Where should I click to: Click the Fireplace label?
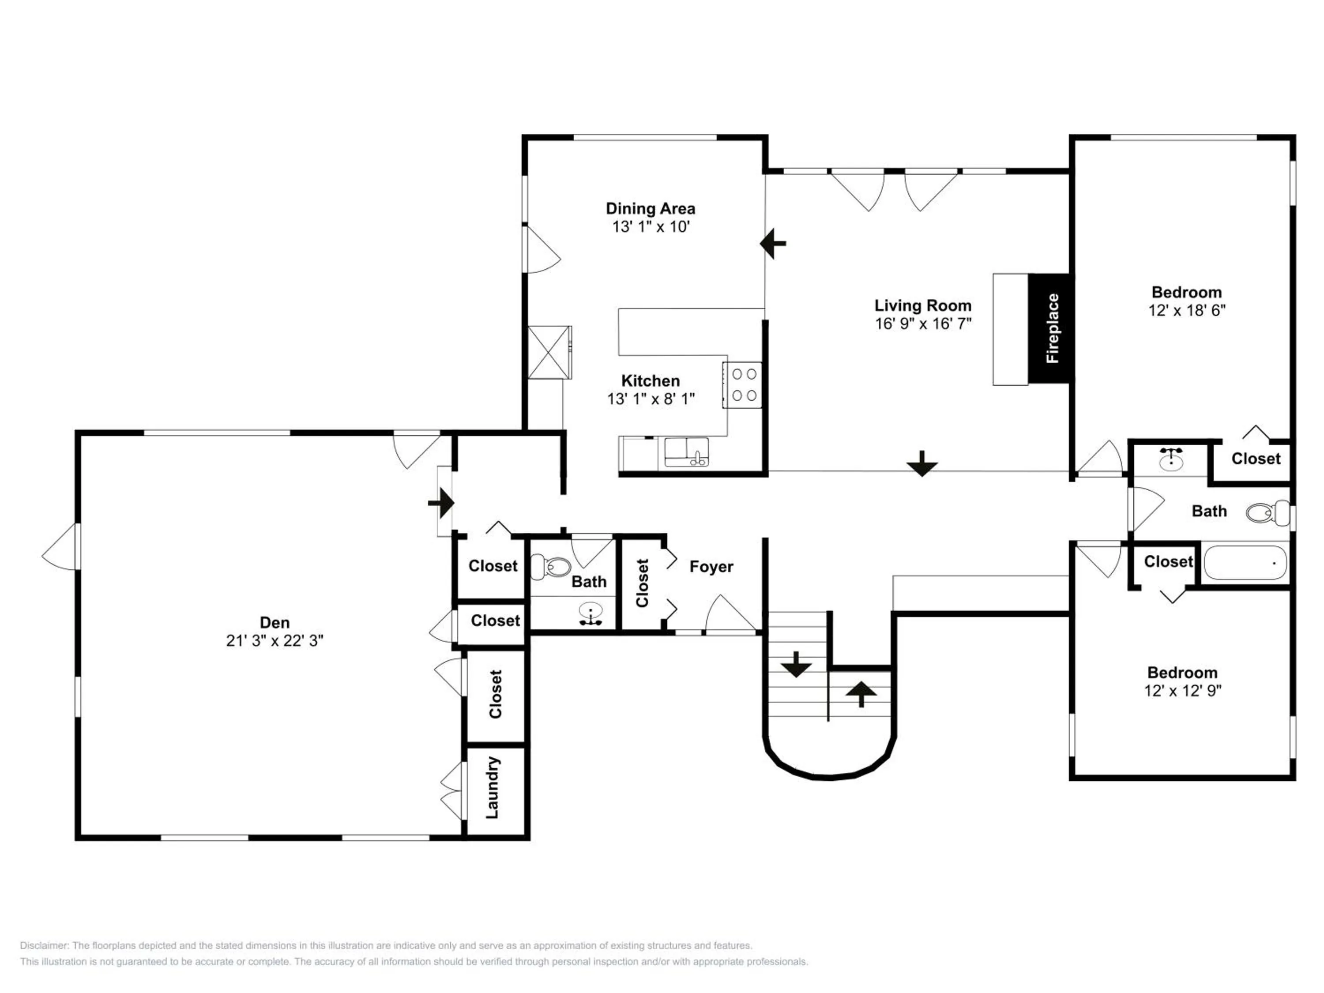point(1052,328)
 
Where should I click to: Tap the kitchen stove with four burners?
point(741,385)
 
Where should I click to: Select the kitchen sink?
point(686,452)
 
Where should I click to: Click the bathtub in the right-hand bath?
point(1245,562)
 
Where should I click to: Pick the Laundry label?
point(492,788)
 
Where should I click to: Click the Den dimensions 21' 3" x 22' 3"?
point(275,640)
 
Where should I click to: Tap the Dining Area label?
point(651,208)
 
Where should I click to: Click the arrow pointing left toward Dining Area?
point(773,244)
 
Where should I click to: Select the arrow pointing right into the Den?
point(441,503)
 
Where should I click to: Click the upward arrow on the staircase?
point(861,694)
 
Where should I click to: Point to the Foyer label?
point(711,566)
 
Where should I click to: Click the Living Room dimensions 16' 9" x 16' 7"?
point(923,324)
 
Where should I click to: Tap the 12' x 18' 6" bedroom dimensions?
point(1187,310)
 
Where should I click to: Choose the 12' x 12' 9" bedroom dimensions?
point(1183,690)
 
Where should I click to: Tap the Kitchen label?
point(651,381)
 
